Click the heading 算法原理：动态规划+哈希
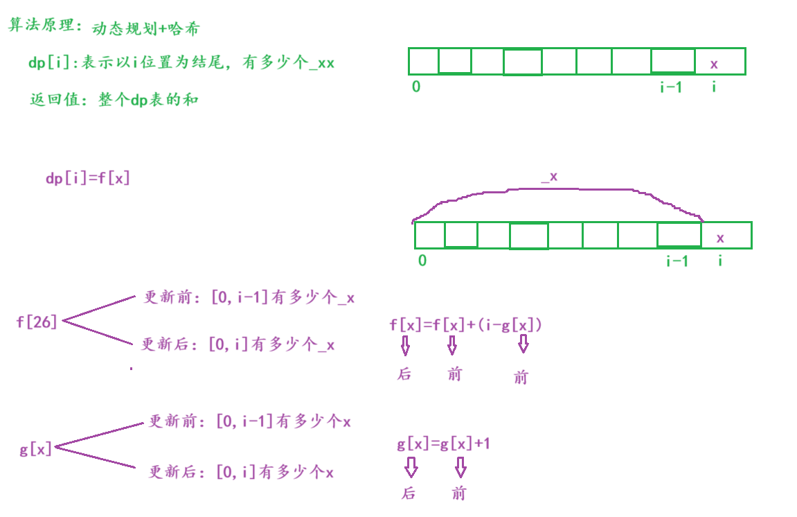[x=104, y=28]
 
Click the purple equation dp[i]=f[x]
[x=88, y=178]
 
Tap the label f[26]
[x=37, y=322]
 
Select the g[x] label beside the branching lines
[x=36, y=449]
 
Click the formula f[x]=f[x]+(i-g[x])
[x=466, y=324]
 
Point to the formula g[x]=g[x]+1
[x=443, y=444]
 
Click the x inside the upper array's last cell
[x=714, y=64]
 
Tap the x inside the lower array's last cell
[x=720, y=238]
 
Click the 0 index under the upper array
[x=416, y=87]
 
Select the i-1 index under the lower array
[x=677, y=261]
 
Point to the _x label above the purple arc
[x=549, y=177]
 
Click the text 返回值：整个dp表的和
[x=114, y=100]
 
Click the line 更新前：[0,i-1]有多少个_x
[x=249, y=298]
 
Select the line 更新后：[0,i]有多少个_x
[x=238, y=344]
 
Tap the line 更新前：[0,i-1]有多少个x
[x=250, y=421]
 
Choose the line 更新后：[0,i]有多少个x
[x=242, y=473]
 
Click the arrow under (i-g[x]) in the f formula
[x=523, y=344]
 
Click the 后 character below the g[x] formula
[x=409, y=493]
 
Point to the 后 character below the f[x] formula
[x=404, y=374]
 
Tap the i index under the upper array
[x=714, y=87]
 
